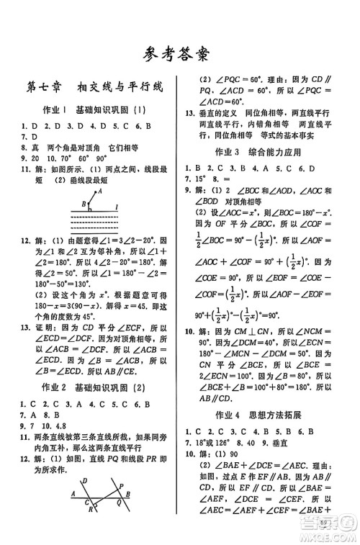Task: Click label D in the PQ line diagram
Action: pyautogui.click(x=85, y=482)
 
